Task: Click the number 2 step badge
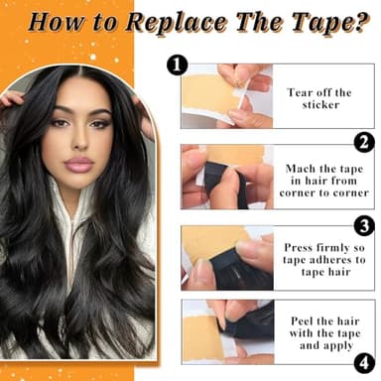click(364, 142)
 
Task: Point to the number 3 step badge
click(364, 226)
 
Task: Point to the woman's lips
click(78, 164)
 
